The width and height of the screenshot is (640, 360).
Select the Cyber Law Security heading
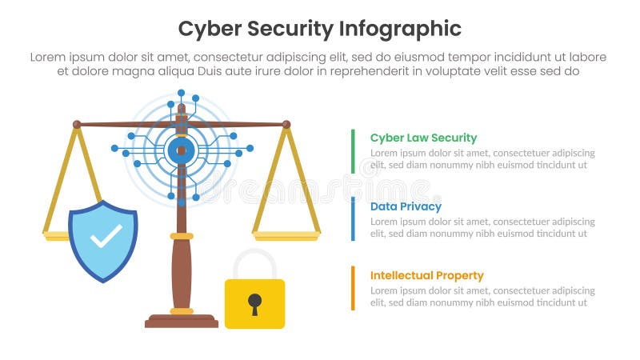tap(423, 138)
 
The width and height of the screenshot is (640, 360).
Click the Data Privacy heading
tap(406, 206)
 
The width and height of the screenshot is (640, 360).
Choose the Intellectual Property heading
tap(426, 275)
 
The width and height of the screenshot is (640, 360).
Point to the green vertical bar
tap(353, 150)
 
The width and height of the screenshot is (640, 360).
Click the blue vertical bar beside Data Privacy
tap(353, 218)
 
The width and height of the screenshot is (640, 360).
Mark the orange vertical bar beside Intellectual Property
tap(353, 288)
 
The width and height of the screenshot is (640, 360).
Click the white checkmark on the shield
tap(106, 236)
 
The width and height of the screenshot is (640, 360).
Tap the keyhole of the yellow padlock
tap(254, 302)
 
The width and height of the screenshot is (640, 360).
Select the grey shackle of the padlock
tap(254, 261)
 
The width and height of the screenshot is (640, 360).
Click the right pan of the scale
tap(287, 236)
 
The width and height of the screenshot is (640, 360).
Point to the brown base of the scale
tap(182, 322)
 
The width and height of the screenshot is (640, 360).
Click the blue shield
tap(103, 240)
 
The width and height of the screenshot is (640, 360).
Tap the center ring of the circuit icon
tap(182, 150)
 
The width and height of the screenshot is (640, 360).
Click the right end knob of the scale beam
tap(286, 124)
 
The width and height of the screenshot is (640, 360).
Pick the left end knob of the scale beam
tap(77, 124)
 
